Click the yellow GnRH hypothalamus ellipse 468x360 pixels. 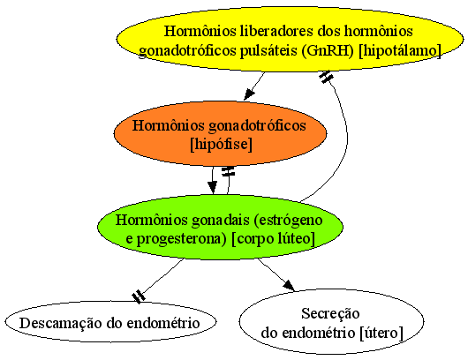pos(290,40)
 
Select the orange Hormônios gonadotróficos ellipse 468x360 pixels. pos(220,133)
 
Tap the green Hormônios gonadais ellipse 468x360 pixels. pos(220,228)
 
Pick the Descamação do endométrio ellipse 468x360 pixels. pos(110,322)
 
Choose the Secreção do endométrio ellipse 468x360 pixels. pos(331,321)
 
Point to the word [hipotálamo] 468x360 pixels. pos(400,50)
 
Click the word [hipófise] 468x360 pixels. pos(221,144)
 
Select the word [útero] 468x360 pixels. pos(381,333)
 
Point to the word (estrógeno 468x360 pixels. pos(288,221)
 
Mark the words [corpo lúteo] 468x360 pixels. pos(273,238)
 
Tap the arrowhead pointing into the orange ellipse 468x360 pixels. pos(250,94)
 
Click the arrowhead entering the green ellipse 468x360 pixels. pos(212,188)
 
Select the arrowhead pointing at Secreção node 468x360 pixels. pos(289,285)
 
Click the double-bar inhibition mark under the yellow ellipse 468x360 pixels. pos(326,78)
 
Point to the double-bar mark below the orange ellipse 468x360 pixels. pos(228,171)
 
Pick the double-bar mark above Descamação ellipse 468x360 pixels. pos(139,296)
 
